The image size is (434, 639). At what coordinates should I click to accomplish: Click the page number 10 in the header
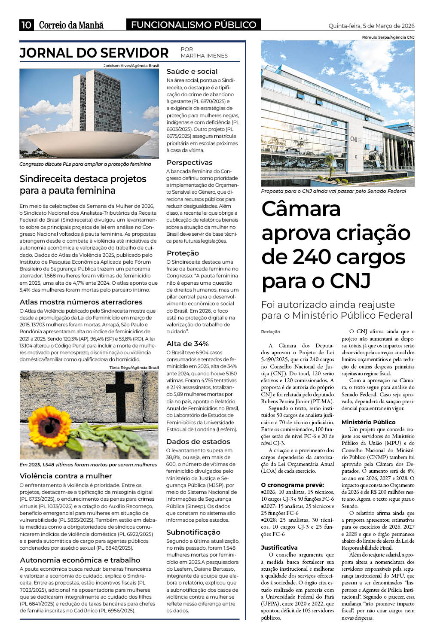tap(26, 25)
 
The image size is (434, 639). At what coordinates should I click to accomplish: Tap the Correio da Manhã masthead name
tap(71, 25)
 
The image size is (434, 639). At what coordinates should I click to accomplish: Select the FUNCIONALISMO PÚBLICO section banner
tap(194, 25)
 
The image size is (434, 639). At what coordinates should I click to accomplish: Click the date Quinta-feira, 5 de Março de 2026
tap(371, 26)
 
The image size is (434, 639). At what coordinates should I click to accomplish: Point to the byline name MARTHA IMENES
tap(204, 56)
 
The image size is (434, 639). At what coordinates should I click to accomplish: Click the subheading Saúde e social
tap(192, 72)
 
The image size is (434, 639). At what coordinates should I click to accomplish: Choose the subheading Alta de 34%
tap(187, 344)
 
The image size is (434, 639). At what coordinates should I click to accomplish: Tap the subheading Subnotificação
tap(193, 532)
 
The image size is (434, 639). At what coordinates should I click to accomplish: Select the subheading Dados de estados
tap(198, 441)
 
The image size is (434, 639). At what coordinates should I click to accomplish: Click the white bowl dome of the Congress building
tap(88, 140)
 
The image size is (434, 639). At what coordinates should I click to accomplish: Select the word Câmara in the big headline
tap(301, 209)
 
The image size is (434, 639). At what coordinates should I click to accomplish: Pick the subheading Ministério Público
tap(368, 422)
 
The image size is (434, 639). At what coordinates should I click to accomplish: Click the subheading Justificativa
tap(279, 548)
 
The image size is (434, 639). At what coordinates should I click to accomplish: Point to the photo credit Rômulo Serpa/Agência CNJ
tap(388, 37)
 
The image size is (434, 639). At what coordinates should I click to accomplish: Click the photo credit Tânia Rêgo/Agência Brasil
tap(134, 368)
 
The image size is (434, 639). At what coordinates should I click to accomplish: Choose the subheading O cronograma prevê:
tap(292, 485)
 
